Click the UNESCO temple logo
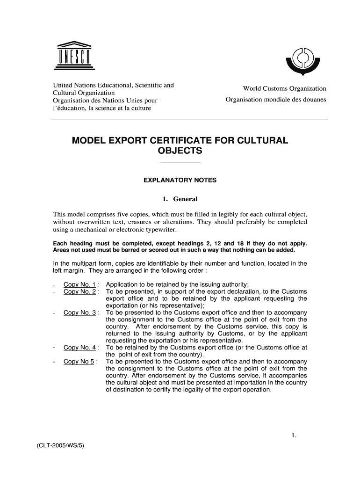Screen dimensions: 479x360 point(74,56)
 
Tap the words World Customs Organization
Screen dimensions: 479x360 point(284,88)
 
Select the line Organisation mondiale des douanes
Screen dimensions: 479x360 point(275,100)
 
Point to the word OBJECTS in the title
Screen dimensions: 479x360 point(180,151)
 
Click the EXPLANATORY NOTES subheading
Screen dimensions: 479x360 point(180,180)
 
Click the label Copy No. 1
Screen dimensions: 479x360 point(80,285)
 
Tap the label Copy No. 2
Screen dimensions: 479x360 point(80,292)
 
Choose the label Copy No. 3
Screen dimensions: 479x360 point(80,312)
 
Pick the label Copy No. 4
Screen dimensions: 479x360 point(80,348)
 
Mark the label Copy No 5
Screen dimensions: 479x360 point(79,362)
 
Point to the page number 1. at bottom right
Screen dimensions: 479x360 point(294,436)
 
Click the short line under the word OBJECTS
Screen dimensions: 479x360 point(180,162)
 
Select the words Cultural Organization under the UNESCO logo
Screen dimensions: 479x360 point(83,93)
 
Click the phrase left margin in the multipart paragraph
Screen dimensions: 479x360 point(70,271)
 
